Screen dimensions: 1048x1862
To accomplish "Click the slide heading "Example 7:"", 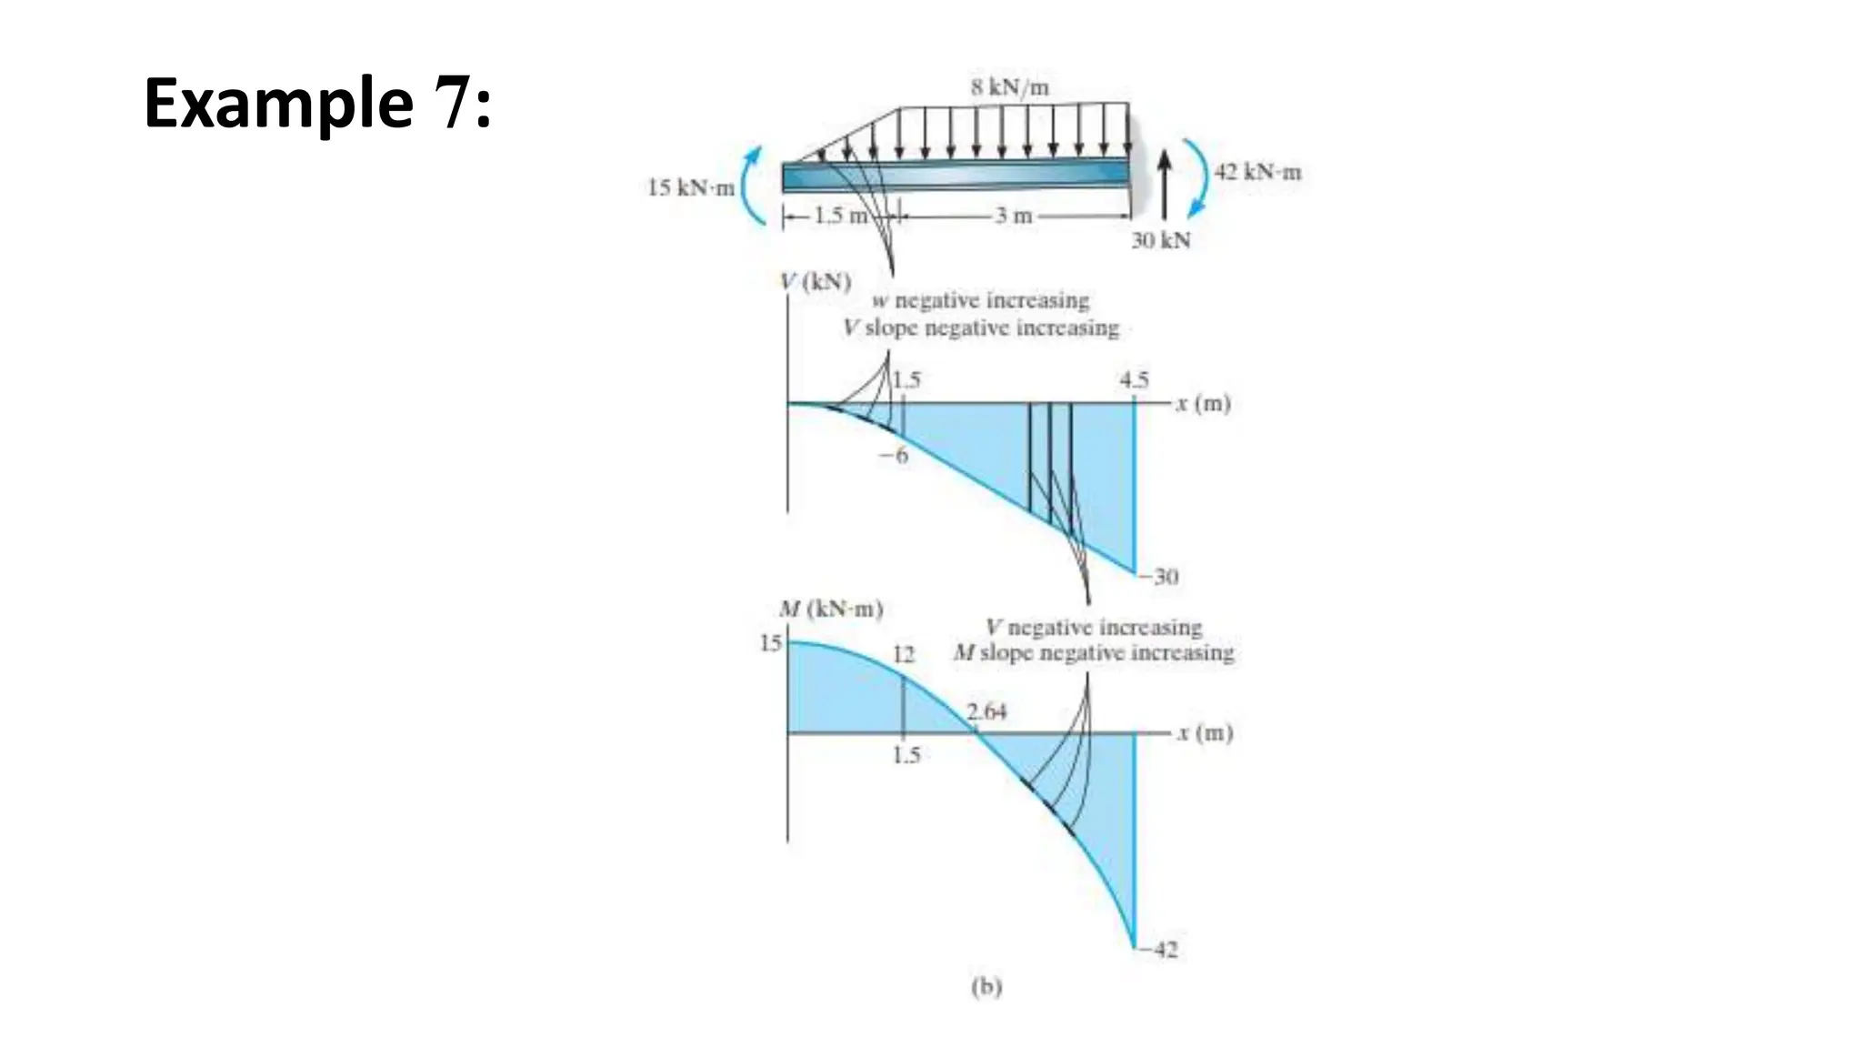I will [317, 104].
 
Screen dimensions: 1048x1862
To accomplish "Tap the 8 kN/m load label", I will [1009, 88].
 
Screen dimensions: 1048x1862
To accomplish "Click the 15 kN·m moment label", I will [690, 188].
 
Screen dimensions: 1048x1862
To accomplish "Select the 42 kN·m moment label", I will [1258, 172].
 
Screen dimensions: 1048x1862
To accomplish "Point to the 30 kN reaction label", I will [1160, 241].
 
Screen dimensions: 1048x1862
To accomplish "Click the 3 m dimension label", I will [1013, 217].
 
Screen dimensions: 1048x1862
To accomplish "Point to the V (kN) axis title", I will [816, 281].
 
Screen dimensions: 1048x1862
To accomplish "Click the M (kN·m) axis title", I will [831, 610].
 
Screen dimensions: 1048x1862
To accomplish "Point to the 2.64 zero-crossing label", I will [986, 711].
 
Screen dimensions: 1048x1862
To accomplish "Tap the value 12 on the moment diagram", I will [903, 655].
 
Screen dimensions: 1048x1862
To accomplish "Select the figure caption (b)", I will [986, 987].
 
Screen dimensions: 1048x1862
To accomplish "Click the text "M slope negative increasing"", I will [1094, 653].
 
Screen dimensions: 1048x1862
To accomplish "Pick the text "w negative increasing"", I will [980, 301].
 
